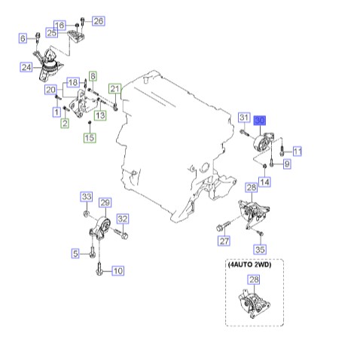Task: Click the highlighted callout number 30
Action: [x=259, y=121]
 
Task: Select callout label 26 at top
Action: [x=99, y=21]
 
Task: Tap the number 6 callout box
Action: [x=23, y=38]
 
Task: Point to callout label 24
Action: [x=26, y=67]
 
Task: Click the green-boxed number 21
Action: [x=114, y=88]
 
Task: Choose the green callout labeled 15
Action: [x=90, y=138]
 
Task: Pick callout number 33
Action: [x=87, y=197]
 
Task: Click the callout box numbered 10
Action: [x=118, y=271]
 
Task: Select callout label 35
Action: [x=260, y=249]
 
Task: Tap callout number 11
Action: [x=297, y=151]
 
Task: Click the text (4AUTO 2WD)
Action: [x=249, y=265]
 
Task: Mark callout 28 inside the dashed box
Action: [x=254, y=280]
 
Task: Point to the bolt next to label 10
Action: [x=99, y=268]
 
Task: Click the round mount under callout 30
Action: [x=263, y=143]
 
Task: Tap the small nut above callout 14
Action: [x=264, y=166]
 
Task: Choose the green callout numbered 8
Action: [x=93, y=76]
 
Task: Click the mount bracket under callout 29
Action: [x=100, y=228]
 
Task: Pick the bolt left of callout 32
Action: [x=121, y=234]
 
